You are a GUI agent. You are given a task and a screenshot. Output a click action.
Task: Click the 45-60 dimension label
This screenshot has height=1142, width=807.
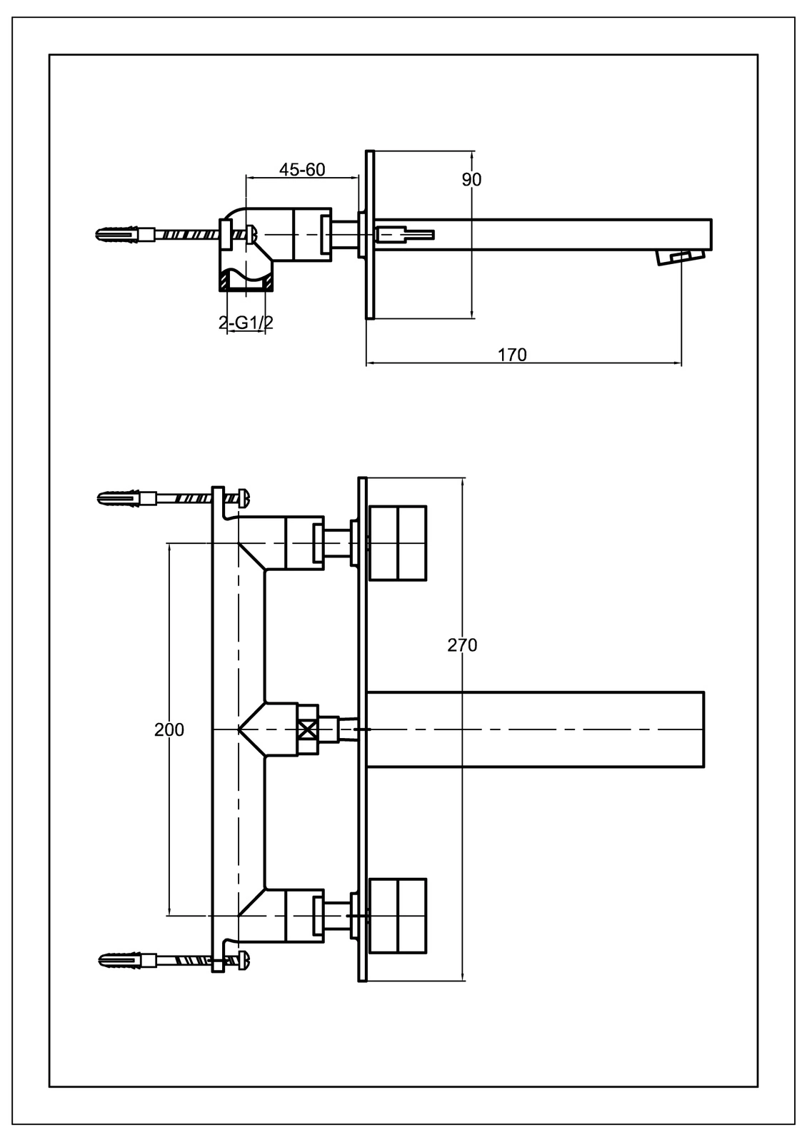[302, 169]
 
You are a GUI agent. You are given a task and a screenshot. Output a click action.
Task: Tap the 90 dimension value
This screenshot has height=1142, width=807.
[471, 179]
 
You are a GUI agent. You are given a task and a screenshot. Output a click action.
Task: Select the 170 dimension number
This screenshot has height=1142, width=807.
[512, 354]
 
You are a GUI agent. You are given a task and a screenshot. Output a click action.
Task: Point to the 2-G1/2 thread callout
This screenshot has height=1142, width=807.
[246, 322]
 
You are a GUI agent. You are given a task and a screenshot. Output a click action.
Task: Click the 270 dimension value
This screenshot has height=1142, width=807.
[462, 645]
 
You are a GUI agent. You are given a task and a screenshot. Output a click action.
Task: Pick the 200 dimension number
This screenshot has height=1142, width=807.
[169, 729]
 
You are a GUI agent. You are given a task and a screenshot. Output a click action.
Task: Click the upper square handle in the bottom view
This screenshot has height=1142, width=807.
[397, 543]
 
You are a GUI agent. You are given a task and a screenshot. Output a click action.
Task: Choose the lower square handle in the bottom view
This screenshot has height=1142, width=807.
[397, 915]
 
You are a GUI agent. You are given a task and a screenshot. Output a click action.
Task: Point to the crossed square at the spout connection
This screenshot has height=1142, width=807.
[308, 729]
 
